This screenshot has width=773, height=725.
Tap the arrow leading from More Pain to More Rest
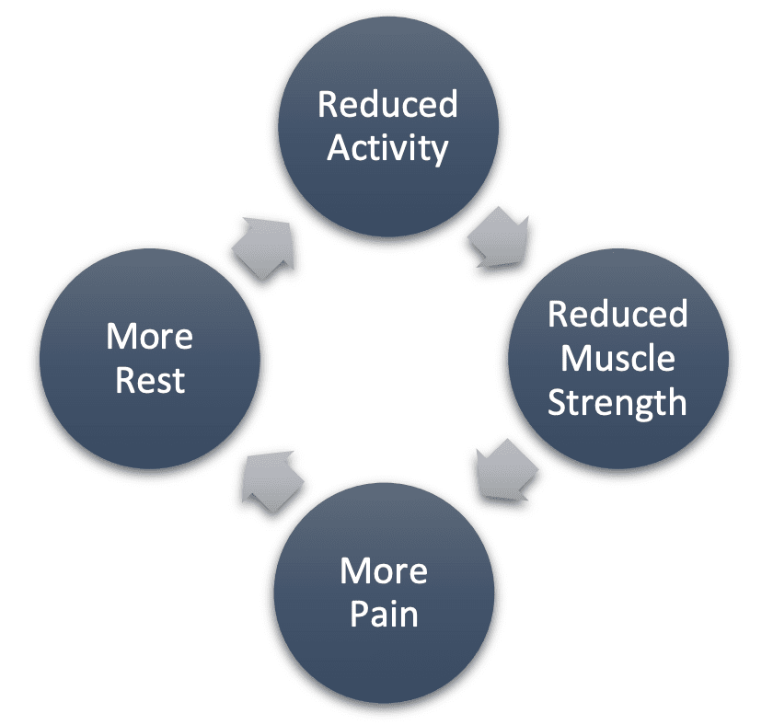click(x=270, y=478)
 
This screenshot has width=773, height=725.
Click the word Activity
click(x=387, y=148)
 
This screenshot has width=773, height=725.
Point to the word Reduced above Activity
click(x=387, y=105)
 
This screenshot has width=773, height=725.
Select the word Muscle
click(x=617, y=358)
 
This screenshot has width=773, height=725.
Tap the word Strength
click(x=617, y=401)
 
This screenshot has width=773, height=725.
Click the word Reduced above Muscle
click(x=617, y=315)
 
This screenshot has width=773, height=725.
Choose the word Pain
click(x=384, y=614)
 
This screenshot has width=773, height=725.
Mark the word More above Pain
click(x=384, y=571)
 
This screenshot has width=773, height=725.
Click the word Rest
click(x=150, y=379)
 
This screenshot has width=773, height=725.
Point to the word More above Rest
click(x=150, y=337)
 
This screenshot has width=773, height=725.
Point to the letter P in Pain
click(x=359, y=614)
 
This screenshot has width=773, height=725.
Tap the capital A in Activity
click(x=339, y=148)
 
